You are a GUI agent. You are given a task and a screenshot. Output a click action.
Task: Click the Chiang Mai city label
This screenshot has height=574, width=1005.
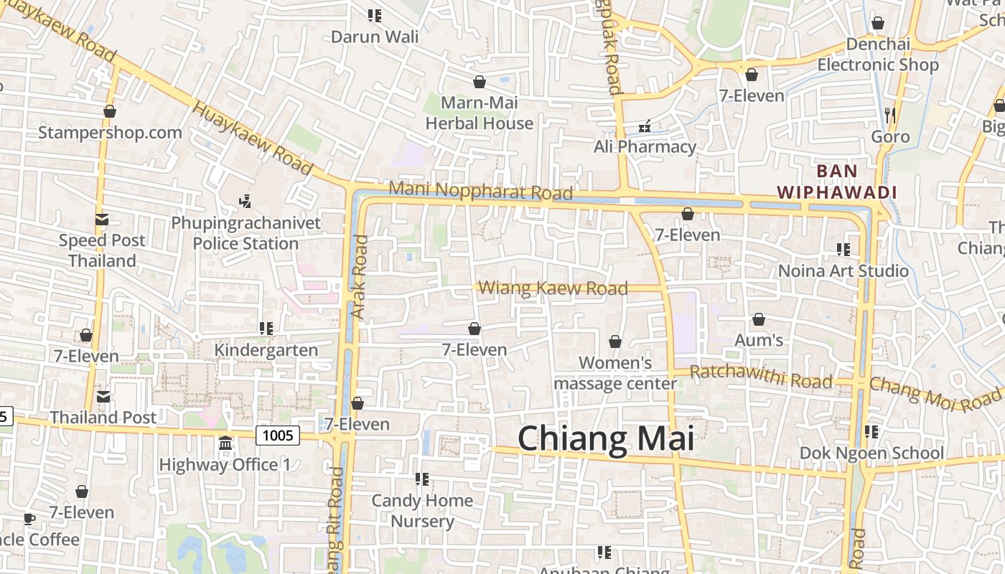[606, 438]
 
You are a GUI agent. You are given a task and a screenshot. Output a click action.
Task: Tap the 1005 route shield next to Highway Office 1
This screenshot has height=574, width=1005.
[278, 435]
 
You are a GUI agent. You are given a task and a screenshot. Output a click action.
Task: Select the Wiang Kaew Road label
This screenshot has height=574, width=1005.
[553, 288]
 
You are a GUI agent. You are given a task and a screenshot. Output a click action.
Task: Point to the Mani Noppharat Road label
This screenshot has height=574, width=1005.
[480, 192]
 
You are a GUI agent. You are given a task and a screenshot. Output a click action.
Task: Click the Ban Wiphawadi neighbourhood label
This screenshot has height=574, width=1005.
[838, 182]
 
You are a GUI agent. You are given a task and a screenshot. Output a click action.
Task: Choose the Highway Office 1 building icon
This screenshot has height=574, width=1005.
[225, 443]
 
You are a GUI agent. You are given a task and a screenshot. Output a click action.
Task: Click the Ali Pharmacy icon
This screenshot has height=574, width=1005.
[645, 126]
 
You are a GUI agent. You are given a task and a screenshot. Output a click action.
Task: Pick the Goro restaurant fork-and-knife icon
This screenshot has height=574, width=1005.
[890, 115]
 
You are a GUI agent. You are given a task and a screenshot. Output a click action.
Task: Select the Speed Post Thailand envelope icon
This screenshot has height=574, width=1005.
[102, 220]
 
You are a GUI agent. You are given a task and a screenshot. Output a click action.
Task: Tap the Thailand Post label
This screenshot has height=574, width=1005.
[103, 417]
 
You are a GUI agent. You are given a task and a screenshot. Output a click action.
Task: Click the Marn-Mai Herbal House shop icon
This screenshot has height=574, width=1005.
[479, 82]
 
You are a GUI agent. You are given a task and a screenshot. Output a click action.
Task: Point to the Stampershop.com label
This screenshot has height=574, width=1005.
[110, 133]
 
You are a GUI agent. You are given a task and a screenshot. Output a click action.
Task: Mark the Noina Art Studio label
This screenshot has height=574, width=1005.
[843, 271]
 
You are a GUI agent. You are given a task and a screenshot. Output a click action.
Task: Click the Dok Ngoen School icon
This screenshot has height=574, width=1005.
[871, 432]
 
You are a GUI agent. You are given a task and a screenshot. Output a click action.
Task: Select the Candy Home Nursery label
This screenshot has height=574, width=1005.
[422, 510]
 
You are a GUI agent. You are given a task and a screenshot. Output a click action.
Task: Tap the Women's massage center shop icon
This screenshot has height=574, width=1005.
[615, 342]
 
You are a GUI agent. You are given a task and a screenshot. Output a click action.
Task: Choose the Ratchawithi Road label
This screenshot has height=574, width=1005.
[761, 376]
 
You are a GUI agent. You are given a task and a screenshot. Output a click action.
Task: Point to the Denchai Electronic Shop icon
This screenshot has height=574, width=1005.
[877, 24]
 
